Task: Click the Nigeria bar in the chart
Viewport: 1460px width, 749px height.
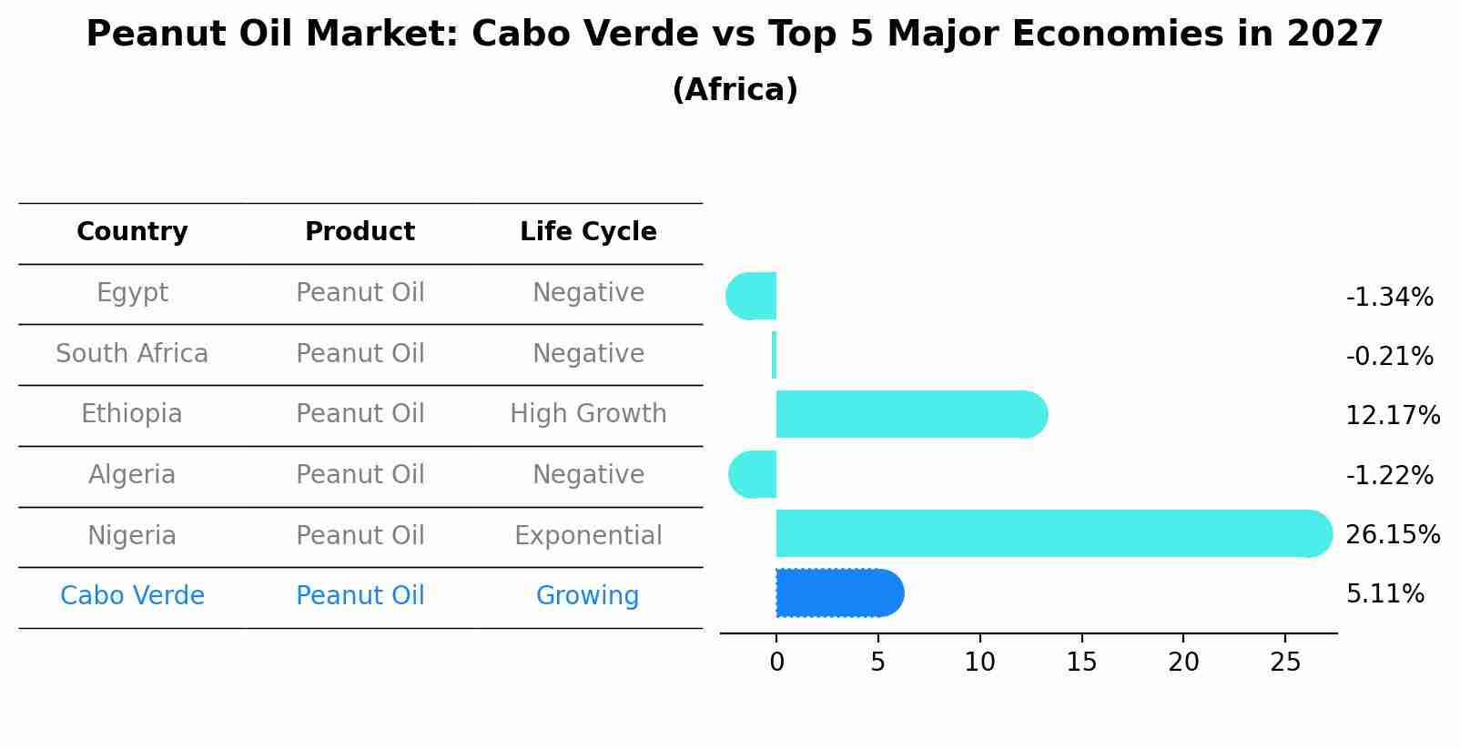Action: point(1047,533)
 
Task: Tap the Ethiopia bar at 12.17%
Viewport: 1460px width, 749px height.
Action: point(910,414)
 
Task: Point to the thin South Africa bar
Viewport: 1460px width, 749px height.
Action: point(774,355)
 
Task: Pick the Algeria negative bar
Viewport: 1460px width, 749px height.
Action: point(755,474)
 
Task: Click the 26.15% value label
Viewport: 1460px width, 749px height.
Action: point(1392,534)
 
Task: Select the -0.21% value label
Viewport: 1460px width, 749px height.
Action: point(1389,356)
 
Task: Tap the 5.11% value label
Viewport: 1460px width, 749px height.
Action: point(1384,594)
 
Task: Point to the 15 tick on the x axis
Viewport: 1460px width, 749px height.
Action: point(1081,663)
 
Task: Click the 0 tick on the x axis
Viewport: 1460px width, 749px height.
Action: point(776,663)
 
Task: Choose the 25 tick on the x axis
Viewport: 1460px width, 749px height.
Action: point(1285,663)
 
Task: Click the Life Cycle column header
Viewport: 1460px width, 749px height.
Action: point(588,232)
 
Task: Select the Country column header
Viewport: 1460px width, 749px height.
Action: point(132,232)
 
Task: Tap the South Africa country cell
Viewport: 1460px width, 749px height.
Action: point(132,353)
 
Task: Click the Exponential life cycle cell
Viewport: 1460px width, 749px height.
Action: point(588,535)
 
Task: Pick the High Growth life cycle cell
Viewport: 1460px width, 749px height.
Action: point(588,414)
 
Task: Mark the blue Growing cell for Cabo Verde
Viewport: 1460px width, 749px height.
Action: point(587,596)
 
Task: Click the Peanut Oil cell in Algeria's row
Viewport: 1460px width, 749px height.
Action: point(360,474)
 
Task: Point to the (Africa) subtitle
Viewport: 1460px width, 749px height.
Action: point(735,90)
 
